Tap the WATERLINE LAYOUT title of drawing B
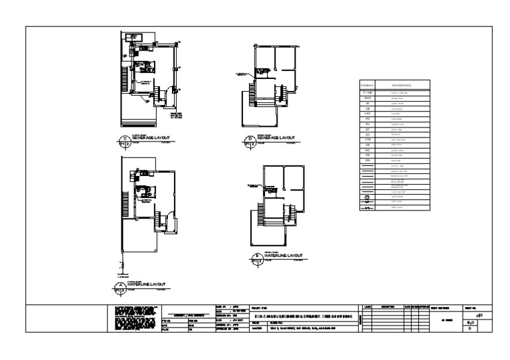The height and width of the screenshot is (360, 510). [282, 255]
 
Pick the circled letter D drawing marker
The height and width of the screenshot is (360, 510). [250, 140]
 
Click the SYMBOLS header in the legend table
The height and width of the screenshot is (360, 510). [367, 85]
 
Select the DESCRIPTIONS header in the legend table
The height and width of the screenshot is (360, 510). [402, 85]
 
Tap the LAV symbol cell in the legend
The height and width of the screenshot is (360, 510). [367, 114]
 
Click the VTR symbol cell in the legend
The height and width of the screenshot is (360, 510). [367, 139]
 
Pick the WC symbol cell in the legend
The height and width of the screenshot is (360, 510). [367, 150]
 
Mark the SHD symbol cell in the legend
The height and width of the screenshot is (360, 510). [367, 98]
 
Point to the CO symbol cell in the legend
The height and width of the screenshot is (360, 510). [367, 134]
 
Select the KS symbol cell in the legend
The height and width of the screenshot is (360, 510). [367, 155]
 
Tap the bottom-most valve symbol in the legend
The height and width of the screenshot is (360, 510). [367, 208]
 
